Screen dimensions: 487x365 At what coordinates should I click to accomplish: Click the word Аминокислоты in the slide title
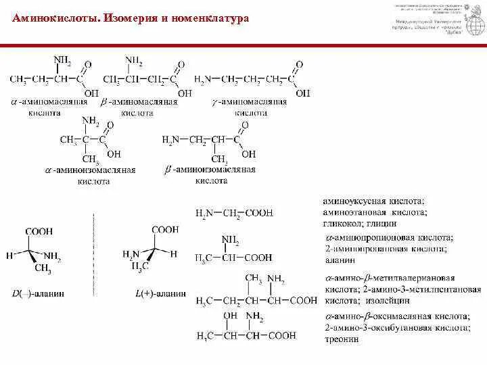pyautogui.click(x=55, y=18)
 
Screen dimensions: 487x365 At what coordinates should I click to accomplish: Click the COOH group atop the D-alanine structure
pyautogui.click(x=40, y=232)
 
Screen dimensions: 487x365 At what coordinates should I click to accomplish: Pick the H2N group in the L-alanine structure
pyautogui.click(x=130, y=254)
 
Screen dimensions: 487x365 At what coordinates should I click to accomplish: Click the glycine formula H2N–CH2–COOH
pyautogui.click(x=233, y=213)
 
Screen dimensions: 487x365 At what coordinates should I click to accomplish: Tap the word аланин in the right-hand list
pyautogui.click(x=337, y=260)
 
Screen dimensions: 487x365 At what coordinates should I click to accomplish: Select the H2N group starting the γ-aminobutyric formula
pyautogui.click(x=202, y=80)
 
